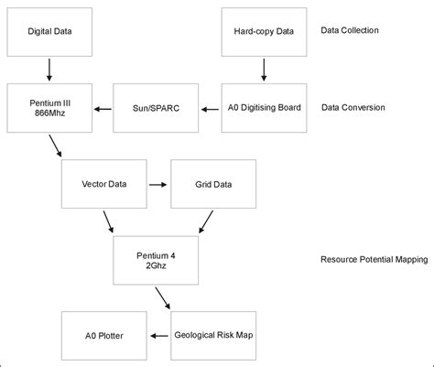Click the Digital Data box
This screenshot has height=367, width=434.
pos(49,30)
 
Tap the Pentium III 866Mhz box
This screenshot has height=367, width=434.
pos(49,107)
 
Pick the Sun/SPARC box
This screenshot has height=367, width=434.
pos(157,107)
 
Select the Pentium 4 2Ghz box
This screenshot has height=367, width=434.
pos(157,259)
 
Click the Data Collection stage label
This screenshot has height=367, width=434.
pos(350,30)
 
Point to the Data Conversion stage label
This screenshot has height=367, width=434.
pos(353,107)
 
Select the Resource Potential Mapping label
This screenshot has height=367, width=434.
pos(374,259)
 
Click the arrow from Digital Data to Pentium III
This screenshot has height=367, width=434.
pos(49,69)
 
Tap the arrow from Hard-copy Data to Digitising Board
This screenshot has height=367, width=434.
pos(265,69)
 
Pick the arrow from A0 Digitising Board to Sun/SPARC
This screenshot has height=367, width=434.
pos(211,107)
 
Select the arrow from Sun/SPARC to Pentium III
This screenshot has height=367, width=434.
pos(103,107)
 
